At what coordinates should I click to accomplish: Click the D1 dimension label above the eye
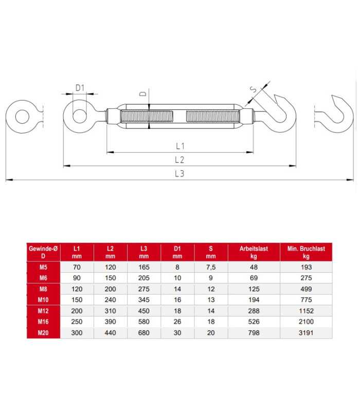click(x=80, y=88)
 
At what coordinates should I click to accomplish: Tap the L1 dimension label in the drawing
click(x=180, y=146)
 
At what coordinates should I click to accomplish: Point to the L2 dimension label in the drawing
click(x=179, y=160)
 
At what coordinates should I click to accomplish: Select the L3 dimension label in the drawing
click(x=179, y=174)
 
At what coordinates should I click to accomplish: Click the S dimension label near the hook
click(x=254, y=89)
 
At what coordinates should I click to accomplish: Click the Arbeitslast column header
click(x=254, y=252)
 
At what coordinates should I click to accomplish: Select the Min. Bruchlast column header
click(x=306, y=252)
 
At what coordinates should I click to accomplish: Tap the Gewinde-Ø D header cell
click(x=43, y=252)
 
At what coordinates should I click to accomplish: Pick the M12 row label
click(x=43, y=311)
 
